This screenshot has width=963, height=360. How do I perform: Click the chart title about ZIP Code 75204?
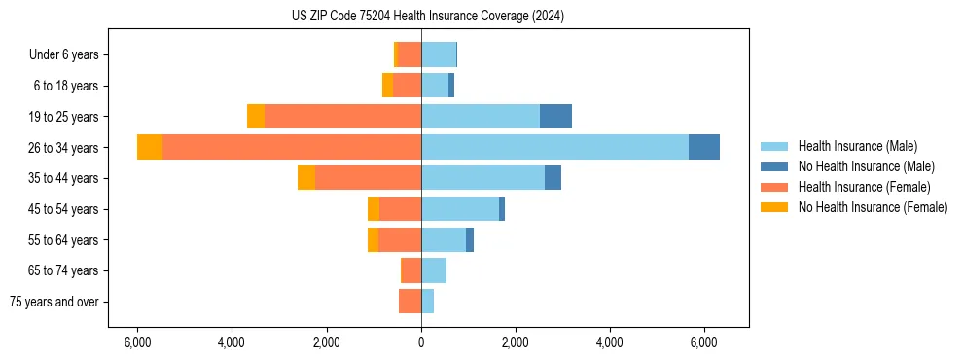[427, 17]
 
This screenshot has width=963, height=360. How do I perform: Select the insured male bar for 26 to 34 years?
[554, 147]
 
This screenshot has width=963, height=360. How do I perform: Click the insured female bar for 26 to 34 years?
[292, 147]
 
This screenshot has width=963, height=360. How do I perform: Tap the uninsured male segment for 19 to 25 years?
[555, 116]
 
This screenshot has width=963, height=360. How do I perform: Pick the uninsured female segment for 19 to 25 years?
[256, 116]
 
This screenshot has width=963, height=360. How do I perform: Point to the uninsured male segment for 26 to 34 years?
[703, 147]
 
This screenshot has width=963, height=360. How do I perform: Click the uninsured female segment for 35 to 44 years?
[306, 178]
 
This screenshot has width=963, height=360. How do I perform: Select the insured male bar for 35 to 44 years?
[482, 178]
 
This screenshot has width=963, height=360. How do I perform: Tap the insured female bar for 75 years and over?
[410, 302]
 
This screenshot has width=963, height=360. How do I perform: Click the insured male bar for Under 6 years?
[439, 54]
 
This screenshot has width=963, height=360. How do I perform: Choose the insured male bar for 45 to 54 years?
[460, 208]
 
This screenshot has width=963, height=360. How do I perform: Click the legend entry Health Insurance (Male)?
[857, 146]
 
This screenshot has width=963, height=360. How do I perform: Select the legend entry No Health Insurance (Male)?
[866, 166]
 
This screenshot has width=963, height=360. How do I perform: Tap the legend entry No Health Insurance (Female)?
[873, 207]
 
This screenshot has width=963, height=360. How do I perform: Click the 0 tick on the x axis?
[421, 342]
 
